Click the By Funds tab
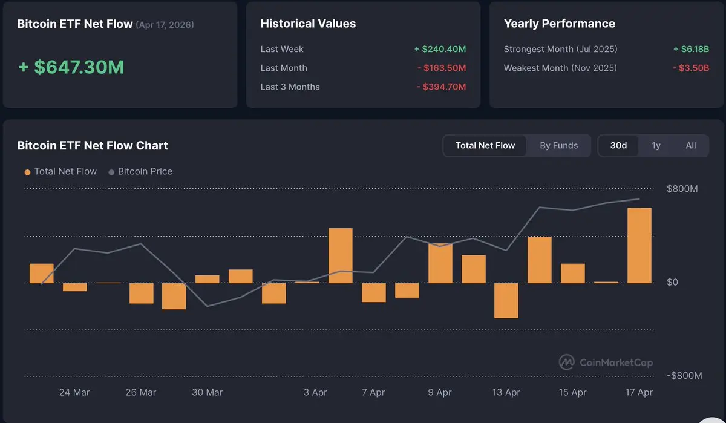[558, 146]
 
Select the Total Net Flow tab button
[485, 146]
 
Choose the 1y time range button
[656, 146]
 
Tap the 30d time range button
[618, 146]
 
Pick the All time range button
[691, 146]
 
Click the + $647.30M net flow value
[71, 67]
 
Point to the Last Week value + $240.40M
[440, 49]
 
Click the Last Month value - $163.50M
[442, 68]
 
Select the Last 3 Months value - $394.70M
[442, 87]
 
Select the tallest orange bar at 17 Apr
[639, 245]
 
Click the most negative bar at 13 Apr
[506, 300]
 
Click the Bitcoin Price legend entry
[140, 172]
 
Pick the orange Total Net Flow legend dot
[27, 172]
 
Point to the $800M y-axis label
[682, 189]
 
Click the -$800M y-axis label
[684, 376]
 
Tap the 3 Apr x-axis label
[315, 392]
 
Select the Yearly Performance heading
[559, 24]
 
